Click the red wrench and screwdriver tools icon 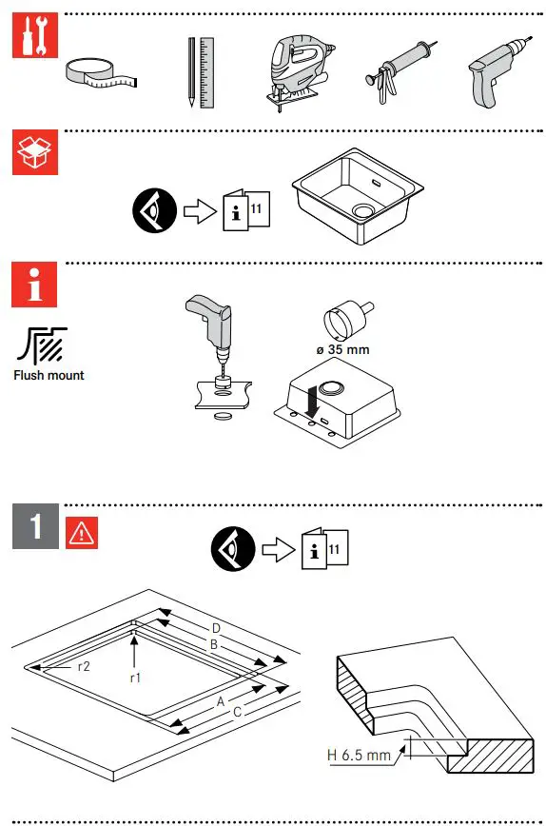[35, 37]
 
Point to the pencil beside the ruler [191, 71]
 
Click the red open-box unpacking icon [35, 150]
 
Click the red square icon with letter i [35, 283]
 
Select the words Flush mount [49, 375]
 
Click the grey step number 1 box [35, 525]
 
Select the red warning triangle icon [81, 533]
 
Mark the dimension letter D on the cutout [216, 628]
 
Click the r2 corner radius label [85, 666]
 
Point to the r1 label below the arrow [136, 678]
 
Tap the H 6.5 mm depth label [360, 756]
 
